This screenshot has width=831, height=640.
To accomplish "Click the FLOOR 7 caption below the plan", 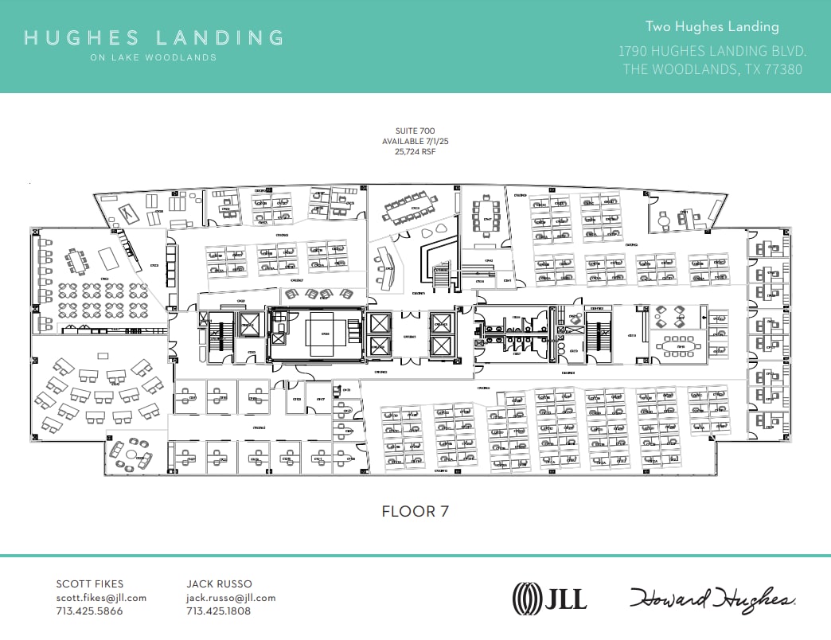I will [x=415, y=511].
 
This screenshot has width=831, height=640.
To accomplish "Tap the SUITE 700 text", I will [x=415, y=131].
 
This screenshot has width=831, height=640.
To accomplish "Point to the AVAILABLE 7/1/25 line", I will [x=415, y=141].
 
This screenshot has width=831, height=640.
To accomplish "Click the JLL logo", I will [x=550, y=597].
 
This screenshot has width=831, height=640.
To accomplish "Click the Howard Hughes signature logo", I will [x=712, y=598].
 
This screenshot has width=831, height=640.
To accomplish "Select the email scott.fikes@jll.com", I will [x=101, y=598].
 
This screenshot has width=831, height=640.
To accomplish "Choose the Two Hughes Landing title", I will [x=712, y=27].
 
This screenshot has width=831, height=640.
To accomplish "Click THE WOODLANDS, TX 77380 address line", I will [x=712, y=69].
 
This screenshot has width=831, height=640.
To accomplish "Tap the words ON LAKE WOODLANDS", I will [x=154, y=57].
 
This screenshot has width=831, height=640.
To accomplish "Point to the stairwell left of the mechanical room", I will [x=215, y=338].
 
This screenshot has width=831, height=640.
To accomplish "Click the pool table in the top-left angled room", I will [x=127, y=213].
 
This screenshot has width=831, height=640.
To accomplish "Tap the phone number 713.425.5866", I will [x=89, y=611].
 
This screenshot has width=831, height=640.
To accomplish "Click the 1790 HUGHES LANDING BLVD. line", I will [x=712, y=51].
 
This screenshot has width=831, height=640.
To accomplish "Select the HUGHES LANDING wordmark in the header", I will [x=154, y=37].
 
